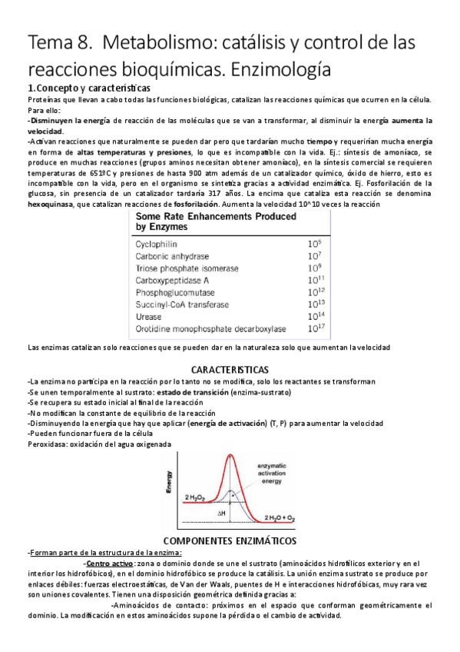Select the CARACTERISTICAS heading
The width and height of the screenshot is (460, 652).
pyautogui.click(x=230, y=370)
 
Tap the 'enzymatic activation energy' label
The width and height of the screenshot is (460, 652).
pyautogui.click(x=280, y=474)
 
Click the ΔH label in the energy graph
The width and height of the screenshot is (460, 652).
pyautogui.click(x=220, y=511)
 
